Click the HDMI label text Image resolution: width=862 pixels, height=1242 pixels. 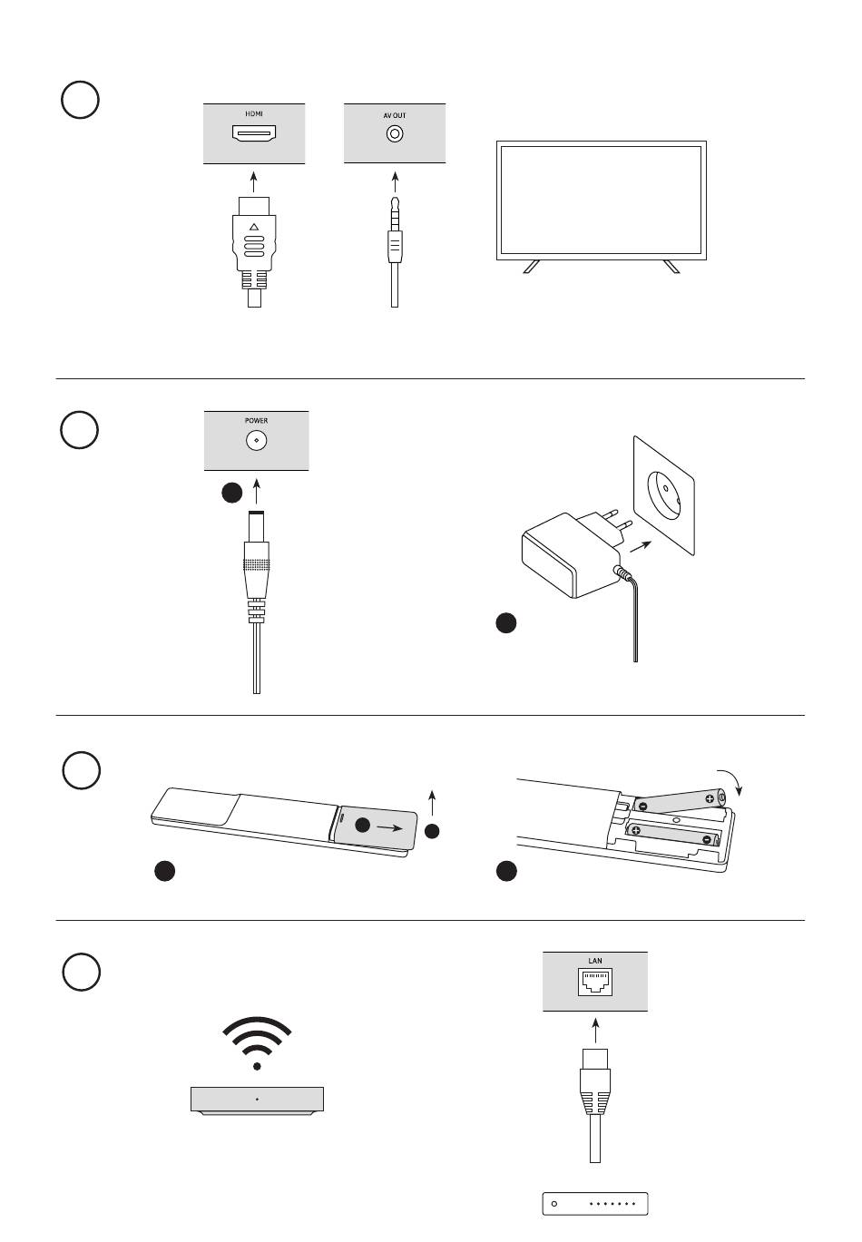pyautogui.click(x=253, y=113)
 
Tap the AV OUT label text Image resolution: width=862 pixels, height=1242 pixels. pyautogui.click(x=395, y=115)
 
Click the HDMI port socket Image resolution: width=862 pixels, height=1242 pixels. pyautogui.click(x=253, y=133)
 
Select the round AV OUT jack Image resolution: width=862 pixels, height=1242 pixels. pyautogui.click(x=395, y=133)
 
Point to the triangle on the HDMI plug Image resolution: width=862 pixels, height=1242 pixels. pyautogui.click(x=253, y=226)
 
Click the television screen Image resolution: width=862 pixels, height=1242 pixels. pyautogui.click(x=602, y=200)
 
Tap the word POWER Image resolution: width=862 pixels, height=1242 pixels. pyautogui.click(x=256, y=421)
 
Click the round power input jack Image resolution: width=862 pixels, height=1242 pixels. pyautogui.click(x=256, y=441)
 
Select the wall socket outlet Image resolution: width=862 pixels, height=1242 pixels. pyautogui.click(x=664, y=495)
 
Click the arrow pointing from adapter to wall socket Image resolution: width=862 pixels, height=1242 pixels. pyautogui.click(x=640, y=545)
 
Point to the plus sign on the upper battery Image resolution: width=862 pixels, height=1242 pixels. pyautogui.click(x=710, y=799)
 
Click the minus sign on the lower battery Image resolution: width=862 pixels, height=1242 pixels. pyautogui.click(x=706, y=840)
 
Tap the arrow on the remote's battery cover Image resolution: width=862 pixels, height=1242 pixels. pyautogui.click(x=389, y=827)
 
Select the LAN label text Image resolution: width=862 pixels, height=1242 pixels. pyautogui.click(x=594, y=961)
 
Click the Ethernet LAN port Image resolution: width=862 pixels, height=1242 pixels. pyautogui.click(x=595, y=983)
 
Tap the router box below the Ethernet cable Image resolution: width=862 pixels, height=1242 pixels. pyautogui.click(x=595, y=1204)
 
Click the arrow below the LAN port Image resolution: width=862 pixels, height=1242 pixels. pyautogui.click(x=595, y=1032)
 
